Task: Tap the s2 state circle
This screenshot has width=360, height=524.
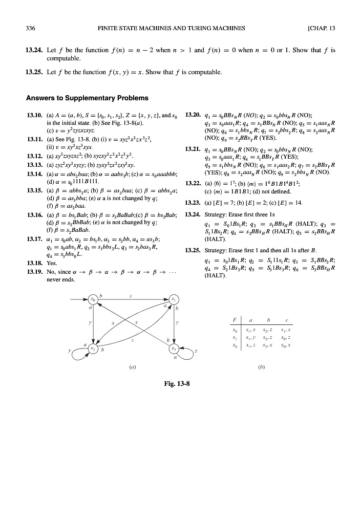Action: click(93, 348)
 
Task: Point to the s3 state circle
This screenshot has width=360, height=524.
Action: click(174, 348)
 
